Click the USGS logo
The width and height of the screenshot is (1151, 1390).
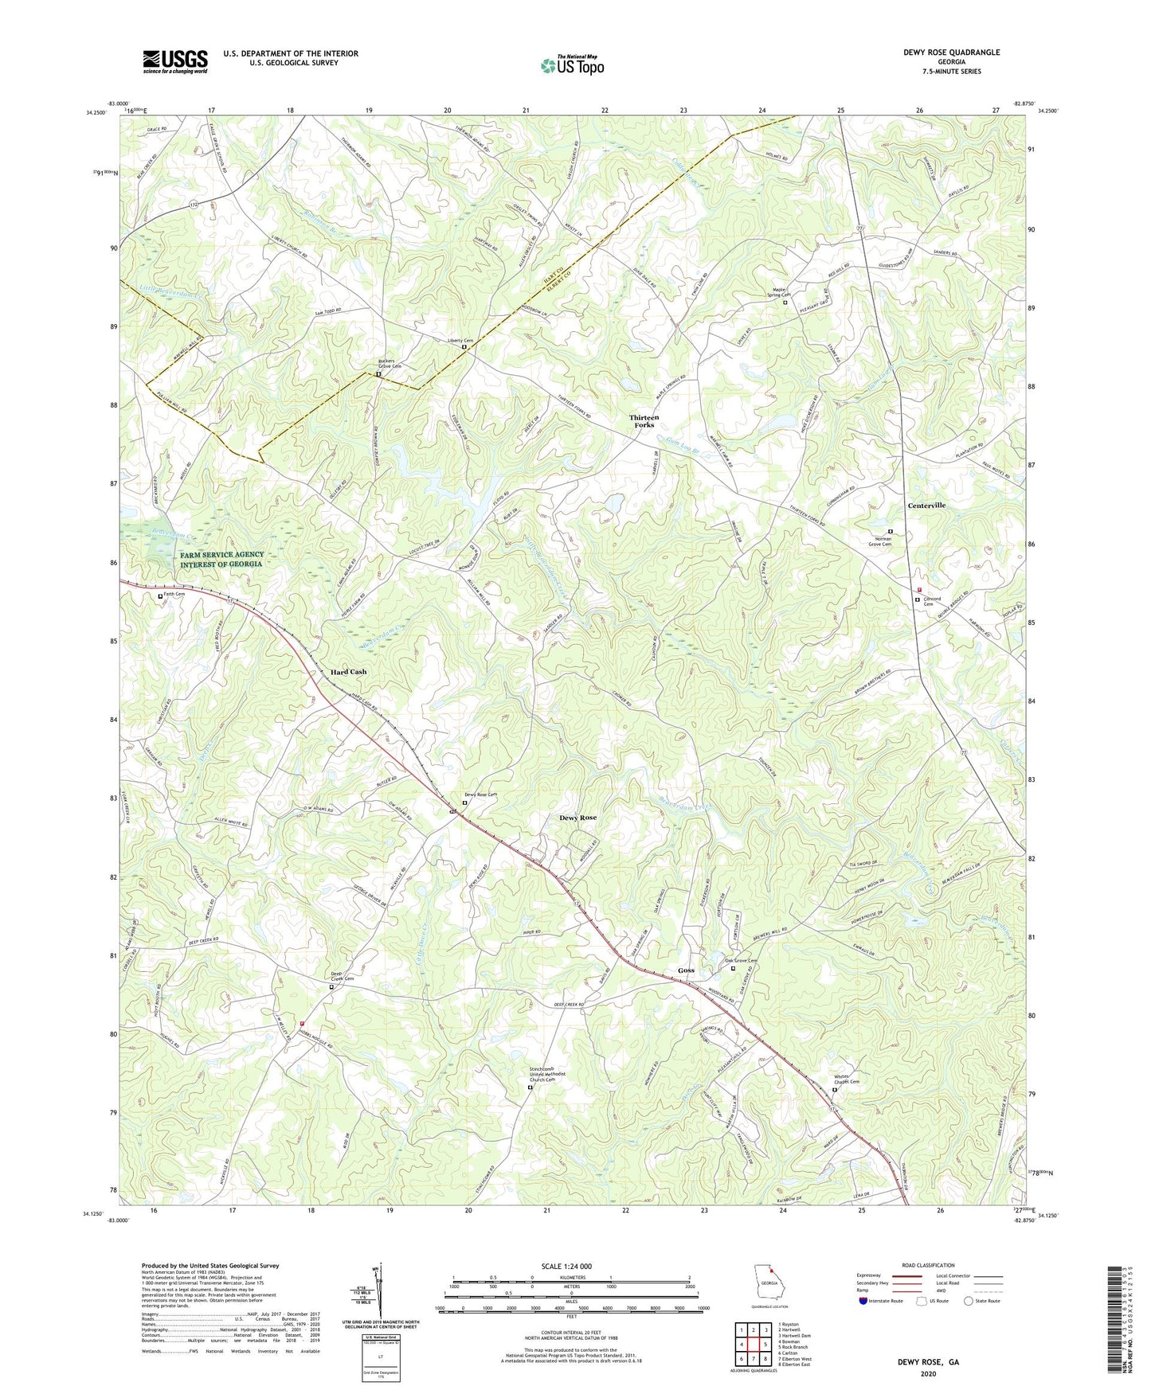(174, 61)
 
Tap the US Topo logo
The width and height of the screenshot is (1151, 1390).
(571, 65)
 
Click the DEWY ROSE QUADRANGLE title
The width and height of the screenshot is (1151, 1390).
(951, 53)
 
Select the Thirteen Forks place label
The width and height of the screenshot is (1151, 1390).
(644, 421)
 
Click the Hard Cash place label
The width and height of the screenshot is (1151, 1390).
(348, 672)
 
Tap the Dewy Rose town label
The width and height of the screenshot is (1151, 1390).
(577, 818)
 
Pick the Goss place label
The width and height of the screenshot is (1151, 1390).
(686, 970)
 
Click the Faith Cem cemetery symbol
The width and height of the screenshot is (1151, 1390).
(160, 595)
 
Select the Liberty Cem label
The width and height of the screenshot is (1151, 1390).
(459, 341)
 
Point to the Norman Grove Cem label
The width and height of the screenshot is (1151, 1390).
(891, 541)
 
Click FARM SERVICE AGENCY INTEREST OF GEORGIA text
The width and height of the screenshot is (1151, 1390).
(221, 559)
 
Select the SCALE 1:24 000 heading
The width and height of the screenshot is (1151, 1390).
(571, 1267)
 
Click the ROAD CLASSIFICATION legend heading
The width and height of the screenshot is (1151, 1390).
(928, 1265)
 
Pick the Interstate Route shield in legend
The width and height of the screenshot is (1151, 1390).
(864, 1302)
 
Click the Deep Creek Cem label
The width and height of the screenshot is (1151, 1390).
(342, 975)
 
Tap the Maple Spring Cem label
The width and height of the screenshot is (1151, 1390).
(778, 292)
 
